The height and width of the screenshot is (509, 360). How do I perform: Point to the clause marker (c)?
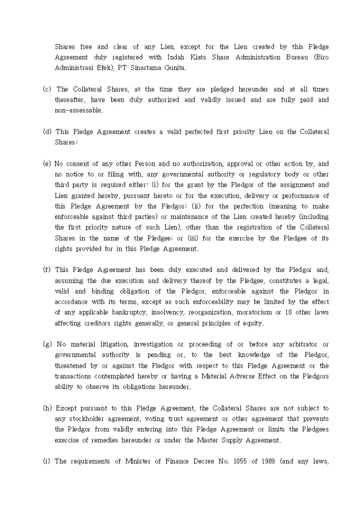(x=47, y=89)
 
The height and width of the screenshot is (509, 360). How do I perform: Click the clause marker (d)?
(x=47, y=132)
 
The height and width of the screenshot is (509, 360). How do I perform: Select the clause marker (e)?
(x=47, y=163)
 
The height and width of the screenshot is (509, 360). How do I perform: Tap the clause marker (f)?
(x=47, y=269)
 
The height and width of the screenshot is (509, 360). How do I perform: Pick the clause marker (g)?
(x=47, y=344)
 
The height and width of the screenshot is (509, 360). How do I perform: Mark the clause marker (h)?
(x=47, y=408)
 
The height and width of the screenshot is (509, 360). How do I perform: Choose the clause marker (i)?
(x=47, y=461)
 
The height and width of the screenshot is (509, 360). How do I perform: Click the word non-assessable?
(x=78, y=111)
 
